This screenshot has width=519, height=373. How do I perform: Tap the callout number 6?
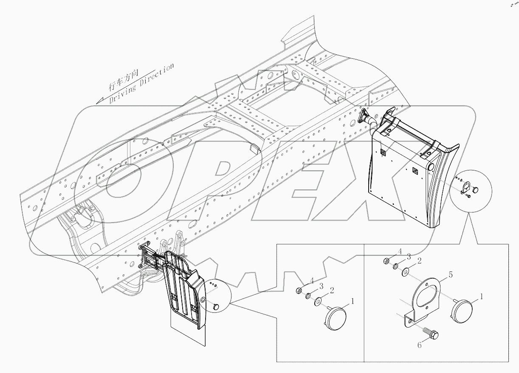419,345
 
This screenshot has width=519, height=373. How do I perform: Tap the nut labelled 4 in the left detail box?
299,291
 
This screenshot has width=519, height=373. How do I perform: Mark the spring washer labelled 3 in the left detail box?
308,296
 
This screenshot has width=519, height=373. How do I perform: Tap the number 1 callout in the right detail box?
481,296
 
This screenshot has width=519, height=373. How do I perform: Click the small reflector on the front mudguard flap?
215,306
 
